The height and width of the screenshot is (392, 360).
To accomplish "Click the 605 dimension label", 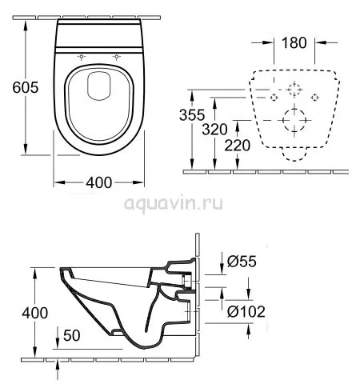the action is tap(26, 87).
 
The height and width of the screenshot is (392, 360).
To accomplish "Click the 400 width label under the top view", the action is tap(98, 182).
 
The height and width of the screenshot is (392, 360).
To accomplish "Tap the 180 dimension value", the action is tap(294, 42).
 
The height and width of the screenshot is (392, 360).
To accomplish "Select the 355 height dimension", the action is tap(192, 115).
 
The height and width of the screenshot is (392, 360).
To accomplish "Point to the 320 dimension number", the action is tap(214, 130).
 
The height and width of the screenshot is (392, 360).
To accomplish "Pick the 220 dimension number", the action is tap(238, 146).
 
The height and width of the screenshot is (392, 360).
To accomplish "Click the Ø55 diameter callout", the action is tap(242, 262).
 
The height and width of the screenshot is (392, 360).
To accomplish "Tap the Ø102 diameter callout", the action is tap(246, 311).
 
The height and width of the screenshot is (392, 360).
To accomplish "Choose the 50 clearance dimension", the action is tap(72, 335).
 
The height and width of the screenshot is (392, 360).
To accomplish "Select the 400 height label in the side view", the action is tap(35, 313).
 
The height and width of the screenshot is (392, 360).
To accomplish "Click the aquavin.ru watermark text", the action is tap(174, 204).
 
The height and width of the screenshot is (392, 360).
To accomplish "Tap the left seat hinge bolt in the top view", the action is tap(82, 57).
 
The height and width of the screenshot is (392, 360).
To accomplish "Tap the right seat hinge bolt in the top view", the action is tap(116, 57).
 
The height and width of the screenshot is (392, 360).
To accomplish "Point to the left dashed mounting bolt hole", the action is tap(274, 98).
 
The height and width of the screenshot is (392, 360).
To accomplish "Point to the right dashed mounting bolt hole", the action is tap(314, 98).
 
